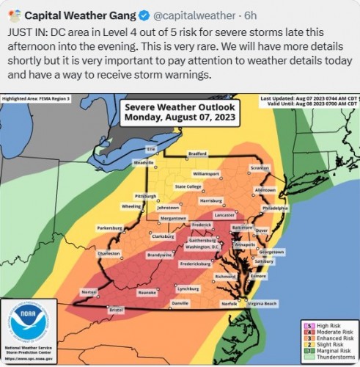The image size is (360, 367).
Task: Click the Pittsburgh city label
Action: click(x=146, y=197)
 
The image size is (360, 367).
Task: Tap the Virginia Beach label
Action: click(x=262, y=303)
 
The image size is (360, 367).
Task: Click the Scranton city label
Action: click(x=260, y=168)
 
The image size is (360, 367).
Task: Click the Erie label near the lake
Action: click(x=152, y=149)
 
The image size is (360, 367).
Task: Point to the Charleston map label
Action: click(x=109, y=253)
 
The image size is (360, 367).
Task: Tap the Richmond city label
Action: click(x=225, y=276)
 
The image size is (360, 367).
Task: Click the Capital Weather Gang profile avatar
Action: click(x=13, y=14)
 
